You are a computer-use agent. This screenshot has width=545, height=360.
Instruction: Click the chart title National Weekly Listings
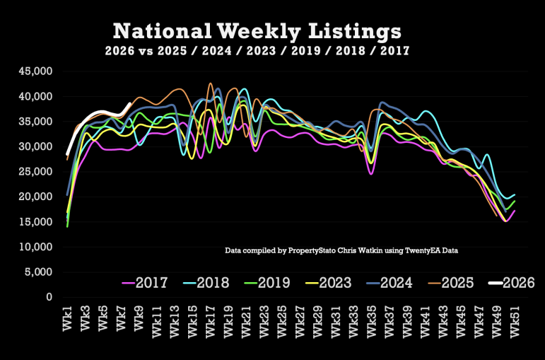[257, 32]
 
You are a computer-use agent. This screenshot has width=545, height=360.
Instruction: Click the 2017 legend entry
[146, 284]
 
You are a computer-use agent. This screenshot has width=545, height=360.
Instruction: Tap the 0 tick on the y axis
[49, 297]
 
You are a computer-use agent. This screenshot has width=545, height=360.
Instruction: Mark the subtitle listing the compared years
[257, 51]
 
